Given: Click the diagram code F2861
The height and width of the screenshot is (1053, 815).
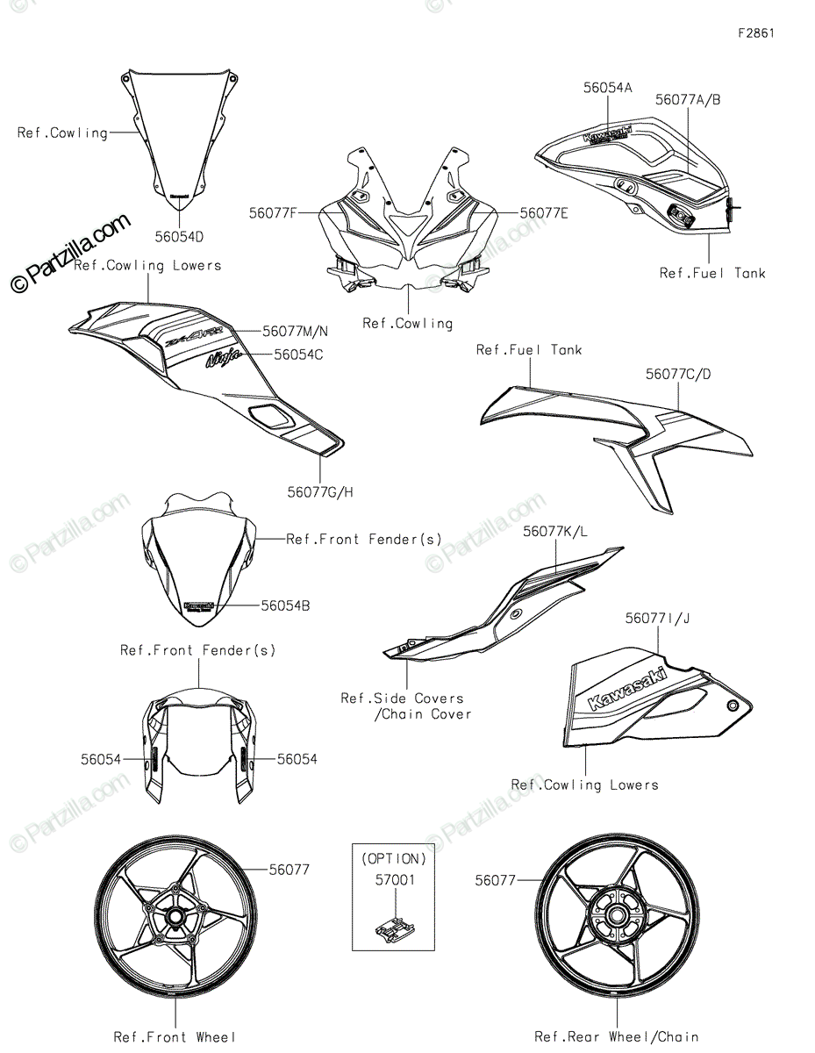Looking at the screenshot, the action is [x=756, y=34].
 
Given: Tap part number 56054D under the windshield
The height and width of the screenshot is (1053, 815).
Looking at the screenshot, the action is [x=180, y=237].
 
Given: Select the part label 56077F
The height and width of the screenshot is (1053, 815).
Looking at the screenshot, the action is [x=273, y=212].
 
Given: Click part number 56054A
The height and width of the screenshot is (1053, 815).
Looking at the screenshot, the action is [x=608, y=88].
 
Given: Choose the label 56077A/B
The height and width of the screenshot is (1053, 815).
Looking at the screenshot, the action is [x=688, y=100].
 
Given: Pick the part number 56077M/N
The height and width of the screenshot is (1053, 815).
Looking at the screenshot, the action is [x=296, y=331].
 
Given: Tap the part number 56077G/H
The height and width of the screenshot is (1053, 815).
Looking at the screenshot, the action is [x=321, y=491].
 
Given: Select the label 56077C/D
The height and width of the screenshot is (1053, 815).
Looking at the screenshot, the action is [x=678, y=374].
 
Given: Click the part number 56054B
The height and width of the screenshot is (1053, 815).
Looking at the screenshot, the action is [x=285, y=605].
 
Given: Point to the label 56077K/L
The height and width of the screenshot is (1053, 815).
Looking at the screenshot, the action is [x=556, y=532].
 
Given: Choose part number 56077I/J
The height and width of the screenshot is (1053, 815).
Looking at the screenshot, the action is [x=657, y=619].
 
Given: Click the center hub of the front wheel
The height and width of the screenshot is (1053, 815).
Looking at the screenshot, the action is [x=175, y=916].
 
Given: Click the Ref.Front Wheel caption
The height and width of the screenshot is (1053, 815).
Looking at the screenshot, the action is [x=175, y=1037].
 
